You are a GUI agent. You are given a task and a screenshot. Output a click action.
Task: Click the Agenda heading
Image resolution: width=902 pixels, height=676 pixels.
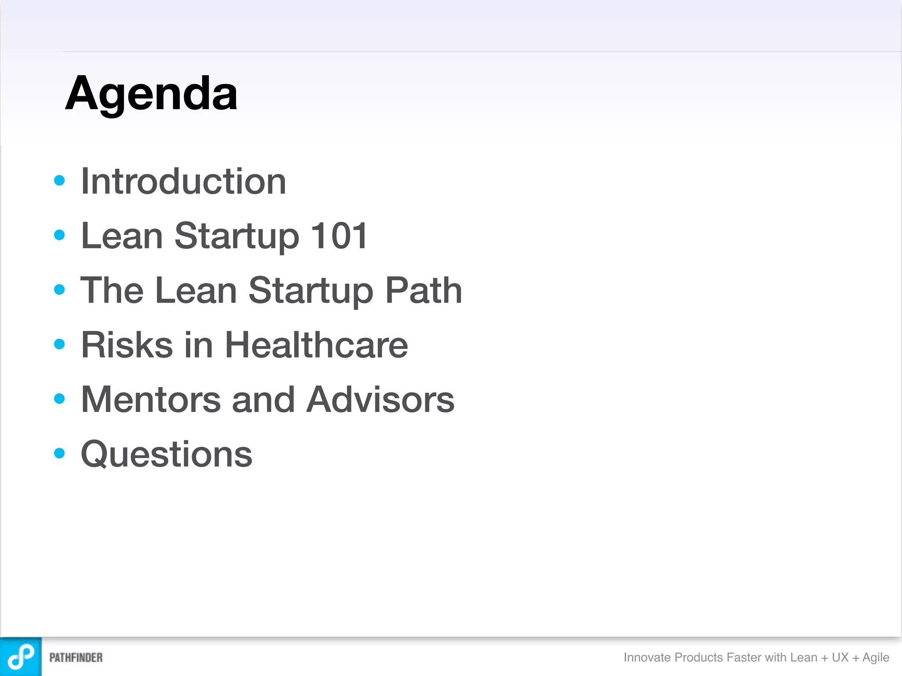151,94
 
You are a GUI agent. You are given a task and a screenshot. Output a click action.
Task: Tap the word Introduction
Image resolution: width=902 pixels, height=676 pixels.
184,181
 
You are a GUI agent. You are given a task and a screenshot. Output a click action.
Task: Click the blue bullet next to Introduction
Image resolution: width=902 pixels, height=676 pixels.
59,180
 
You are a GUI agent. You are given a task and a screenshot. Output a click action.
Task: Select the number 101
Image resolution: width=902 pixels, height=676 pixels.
339,236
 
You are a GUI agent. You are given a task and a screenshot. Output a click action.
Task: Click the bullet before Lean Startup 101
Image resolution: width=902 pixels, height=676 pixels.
59,235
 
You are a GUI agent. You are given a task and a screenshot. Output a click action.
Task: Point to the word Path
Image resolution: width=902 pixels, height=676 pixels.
423,290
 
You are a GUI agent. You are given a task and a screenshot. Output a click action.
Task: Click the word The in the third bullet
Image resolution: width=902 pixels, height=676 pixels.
112,290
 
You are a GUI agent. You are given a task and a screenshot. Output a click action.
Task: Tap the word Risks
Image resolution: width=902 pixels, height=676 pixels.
127,345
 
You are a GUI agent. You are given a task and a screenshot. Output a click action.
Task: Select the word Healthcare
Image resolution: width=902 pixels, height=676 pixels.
316,345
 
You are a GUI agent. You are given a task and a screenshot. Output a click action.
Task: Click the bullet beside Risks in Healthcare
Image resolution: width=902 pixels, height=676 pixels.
59,344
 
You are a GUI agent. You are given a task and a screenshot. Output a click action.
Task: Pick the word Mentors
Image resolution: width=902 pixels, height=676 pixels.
151,400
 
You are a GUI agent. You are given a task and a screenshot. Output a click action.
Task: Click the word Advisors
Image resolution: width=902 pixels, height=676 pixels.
380,400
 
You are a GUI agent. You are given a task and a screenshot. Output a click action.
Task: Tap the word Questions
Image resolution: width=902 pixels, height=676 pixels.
166,454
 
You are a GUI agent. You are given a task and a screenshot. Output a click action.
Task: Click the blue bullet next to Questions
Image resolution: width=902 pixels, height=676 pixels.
59,453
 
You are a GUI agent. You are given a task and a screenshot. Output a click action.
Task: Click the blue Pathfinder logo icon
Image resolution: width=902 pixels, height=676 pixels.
21,657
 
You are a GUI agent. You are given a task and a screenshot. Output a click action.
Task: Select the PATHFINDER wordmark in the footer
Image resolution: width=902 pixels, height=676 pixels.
76,658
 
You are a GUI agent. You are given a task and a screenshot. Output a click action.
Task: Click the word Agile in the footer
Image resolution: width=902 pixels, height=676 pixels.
876,658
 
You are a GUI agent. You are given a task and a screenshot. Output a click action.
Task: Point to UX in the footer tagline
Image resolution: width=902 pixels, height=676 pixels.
840,658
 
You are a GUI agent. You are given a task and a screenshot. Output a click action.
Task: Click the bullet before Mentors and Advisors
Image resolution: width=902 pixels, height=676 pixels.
59,399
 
